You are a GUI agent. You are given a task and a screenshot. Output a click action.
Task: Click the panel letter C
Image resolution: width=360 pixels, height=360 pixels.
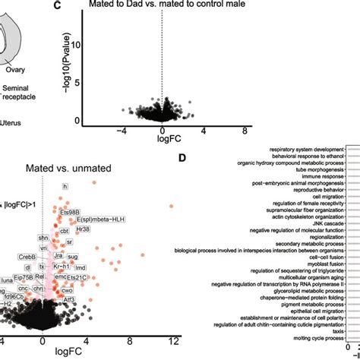[x=58, y=7]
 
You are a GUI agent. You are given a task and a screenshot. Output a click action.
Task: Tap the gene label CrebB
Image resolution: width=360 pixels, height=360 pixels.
[x=28, y=258]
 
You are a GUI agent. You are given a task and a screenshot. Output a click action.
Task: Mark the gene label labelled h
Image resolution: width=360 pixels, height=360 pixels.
[x=65, y=187]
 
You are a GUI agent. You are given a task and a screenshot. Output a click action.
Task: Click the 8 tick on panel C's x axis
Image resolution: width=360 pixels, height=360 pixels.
[x=245, y=130]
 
